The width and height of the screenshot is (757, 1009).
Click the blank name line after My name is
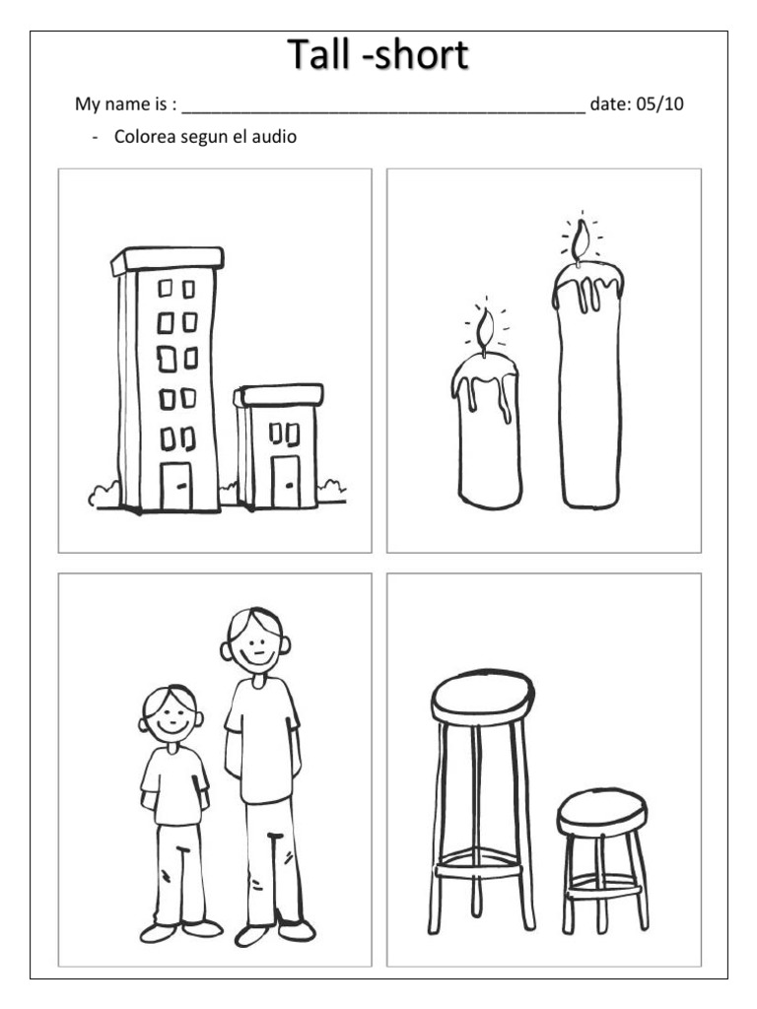pyautogui.click(x=383, y=112)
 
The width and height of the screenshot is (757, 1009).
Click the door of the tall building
pyautogui.click(x=175, y=486)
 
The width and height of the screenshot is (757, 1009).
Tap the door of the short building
pyautogui.click(x=285, y=481)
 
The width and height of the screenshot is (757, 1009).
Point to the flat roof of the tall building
pyautogui.click(x=168, y=259)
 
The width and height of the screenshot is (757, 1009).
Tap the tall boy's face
pyautogui.click(x=255, y=641)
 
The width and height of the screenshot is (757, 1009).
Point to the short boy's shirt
pyautogui.click(x=174, y=785)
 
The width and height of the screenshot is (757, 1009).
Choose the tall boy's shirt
pyautogui.click(x=262, y=740)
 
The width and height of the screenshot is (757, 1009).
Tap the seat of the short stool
pyautogui.click(x=602, y=813)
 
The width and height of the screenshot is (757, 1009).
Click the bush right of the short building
pyautogui.click(x=332, y=491)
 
